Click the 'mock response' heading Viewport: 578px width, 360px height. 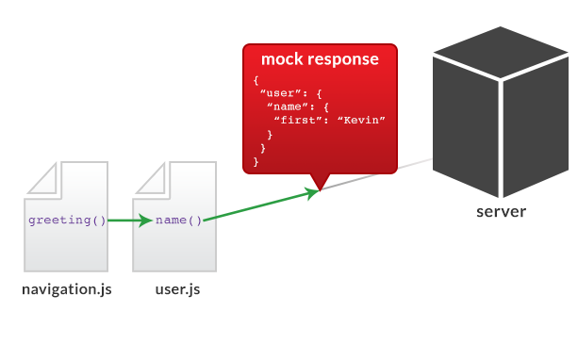(320, 59)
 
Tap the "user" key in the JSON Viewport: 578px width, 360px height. (280, 93)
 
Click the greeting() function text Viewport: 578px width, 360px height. (67, 221)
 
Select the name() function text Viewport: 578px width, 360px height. (178, 221)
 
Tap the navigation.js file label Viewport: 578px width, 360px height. (67, 289)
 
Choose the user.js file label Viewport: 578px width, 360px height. (177, 289)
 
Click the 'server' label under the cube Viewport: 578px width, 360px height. (501, 211)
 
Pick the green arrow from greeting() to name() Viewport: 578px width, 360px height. (130, 221)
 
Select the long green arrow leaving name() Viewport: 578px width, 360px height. (260, 206)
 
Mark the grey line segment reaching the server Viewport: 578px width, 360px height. (377, 175)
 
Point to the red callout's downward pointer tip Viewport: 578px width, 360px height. (321, 188)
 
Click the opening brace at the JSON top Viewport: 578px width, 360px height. (256, 80)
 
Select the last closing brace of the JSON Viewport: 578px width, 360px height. (256, 162)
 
